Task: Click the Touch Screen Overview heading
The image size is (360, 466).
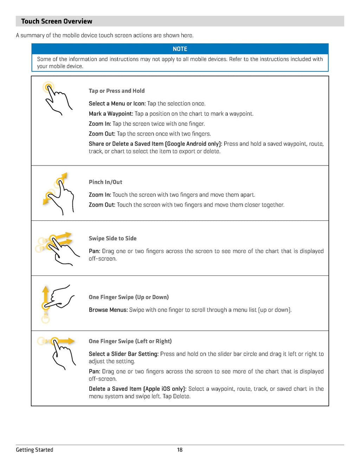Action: tap(57, 21)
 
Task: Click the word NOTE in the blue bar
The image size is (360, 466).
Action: tap(180, 49)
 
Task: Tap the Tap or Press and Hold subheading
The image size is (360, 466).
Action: tap(117, 91)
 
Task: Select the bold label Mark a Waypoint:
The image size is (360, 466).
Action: tap(111, 114)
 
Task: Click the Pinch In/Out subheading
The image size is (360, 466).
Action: tap(105, 182)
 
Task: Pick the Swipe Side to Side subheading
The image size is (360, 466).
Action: tap(112, 238)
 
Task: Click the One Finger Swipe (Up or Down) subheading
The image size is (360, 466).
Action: tap(129, 297)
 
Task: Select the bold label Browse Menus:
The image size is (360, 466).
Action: tap(108, 310)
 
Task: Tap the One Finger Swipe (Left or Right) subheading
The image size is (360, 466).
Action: tap(130, 341)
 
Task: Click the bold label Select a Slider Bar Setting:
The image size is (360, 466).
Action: tap(124, 354)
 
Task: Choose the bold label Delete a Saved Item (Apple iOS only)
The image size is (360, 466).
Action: tap(137, 389)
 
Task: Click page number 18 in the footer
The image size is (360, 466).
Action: tap(180, 450)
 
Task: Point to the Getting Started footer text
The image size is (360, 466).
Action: tap(34, 450)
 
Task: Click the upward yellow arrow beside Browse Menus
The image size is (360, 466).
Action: tap(45, 293)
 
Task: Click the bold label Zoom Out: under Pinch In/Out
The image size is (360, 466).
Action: tap(102, 205)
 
